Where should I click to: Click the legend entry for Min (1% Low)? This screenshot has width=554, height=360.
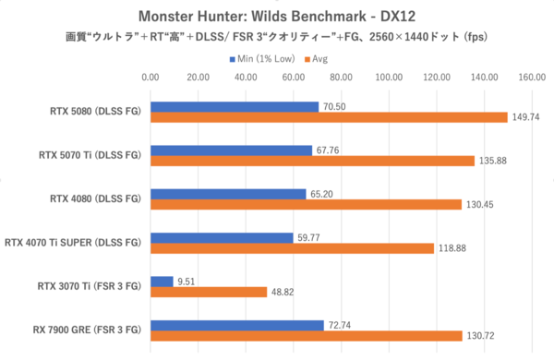pyautogui.click(x=268, y=58)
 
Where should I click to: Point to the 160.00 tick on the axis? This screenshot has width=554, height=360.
pyautogui.click(x=533, y=78)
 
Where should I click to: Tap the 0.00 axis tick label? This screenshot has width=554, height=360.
pyautogui.click(x=151, y=78)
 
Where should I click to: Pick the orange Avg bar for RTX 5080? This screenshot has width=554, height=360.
pyautogui.click(x=329, y=117)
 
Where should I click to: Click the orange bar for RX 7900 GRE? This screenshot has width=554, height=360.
pyautogui.click(x=306, y=335)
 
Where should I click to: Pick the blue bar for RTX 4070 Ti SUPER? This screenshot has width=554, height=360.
pyautogui.click(x=222, y=237)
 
